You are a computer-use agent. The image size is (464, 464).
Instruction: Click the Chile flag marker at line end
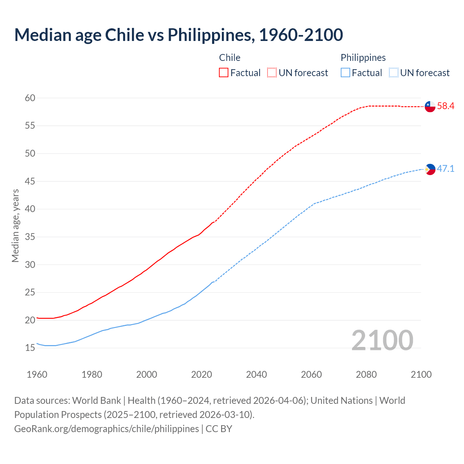tap(430, 107)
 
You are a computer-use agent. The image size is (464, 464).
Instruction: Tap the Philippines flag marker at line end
tap(430, 169)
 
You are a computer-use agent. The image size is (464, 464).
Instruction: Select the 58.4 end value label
tap(446, 106)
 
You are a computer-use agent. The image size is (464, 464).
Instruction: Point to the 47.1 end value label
tap(446, 169)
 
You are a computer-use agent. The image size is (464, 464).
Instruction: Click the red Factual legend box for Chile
tap(224, 73)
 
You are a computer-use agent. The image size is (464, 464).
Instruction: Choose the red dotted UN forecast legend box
tap(272, 73)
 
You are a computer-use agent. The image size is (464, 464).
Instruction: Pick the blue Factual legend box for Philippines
tap(345, 73)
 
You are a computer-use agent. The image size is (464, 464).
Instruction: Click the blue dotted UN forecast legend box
tap(393, 73)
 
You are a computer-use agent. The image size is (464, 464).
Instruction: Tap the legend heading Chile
tap(230, 58)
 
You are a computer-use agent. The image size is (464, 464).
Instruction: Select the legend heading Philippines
tap(363, 58)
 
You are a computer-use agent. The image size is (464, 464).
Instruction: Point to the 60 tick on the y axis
tap(30, 98)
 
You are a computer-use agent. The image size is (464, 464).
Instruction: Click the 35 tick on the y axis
tap(30, 237)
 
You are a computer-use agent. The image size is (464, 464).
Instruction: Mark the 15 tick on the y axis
tap(30, 348)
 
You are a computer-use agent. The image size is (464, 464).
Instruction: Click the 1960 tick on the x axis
tap(37, 374)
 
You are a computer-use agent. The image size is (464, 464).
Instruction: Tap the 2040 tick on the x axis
tap(256, 374)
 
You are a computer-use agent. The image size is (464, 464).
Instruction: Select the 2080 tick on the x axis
tap(366, 374)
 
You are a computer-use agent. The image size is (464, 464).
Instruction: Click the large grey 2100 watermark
tap(382, 340)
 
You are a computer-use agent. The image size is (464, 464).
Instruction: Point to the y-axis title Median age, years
tap(15, 225)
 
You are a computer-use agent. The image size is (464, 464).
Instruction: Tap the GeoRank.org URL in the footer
tap(107, 429)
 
